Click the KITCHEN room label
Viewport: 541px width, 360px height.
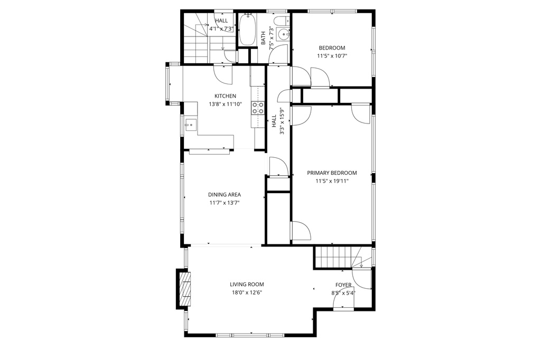pyautogui.click(x=225, y=96)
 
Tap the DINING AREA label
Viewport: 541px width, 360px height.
pyautogui.click(x=224, y=195)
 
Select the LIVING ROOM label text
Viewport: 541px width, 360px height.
pyautogui.click(x=247, y=285)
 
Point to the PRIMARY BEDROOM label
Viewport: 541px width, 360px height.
pyautogui.click(x=332, y=173)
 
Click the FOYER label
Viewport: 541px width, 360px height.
pyautogui.click(x=343, y=285)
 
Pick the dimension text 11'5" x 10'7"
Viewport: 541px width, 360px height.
pyautogui.click(x=332, y=56)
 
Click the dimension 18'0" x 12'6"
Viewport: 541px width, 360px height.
pyautogui.click(x=247, y=293)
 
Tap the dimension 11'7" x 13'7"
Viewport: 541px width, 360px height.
pyautogui.click(x=224, y=203)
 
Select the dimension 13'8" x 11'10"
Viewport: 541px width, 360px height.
pyautogui.click(x=225, y=104)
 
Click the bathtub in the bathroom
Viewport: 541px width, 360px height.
pyautogui.click(x=247, y=30)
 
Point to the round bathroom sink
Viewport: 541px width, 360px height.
pyautogui.click(x=284, y=34)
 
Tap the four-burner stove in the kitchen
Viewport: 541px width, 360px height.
pyautogui.click(x=258, y=107)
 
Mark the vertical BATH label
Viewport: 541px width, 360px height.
pyautogui.click(x=263, y=38)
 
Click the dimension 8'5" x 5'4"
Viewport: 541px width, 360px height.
pyautogui.click(x=343, y=293)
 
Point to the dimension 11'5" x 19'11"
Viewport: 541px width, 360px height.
pyautogui.click(x=332, y=181)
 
